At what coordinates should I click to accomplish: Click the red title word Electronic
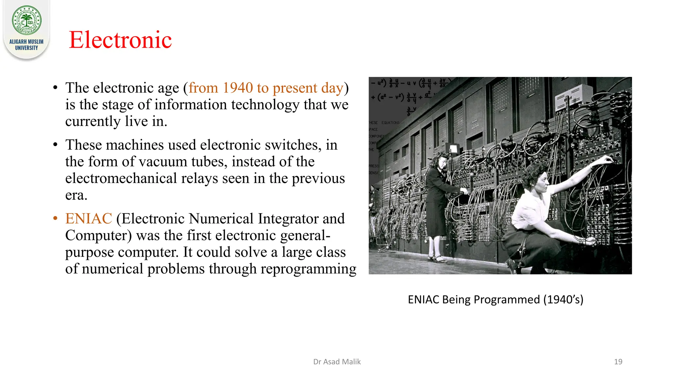pos(120,40)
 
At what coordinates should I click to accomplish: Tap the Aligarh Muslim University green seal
pos(27,20)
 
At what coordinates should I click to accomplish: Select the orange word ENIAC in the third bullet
pos(89,218)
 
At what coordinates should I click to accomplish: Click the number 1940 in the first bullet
pos(238,88)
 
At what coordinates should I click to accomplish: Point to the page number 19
pos(618,362)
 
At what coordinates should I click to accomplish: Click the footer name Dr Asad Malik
pos(337,362)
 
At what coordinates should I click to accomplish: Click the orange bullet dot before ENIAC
pos(55,218)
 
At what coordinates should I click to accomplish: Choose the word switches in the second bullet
pos(291,145)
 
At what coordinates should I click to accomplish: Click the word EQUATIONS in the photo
pos(390,123)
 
